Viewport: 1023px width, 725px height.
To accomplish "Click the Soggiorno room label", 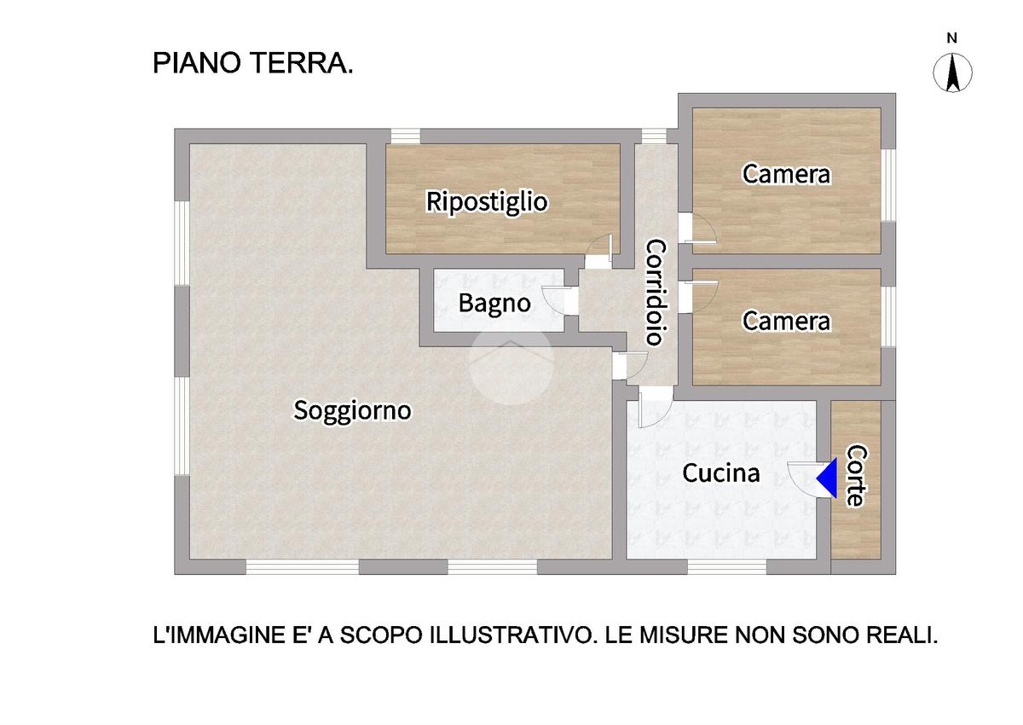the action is pyautogui.click(x=352, y=411).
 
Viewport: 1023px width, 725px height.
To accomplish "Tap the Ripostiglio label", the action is pyautogui.click(x=487, y=202).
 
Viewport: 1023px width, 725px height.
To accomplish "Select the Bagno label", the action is pyautogui.click(x=494, y=303).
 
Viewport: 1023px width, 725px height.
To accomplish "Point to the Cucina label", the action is pyautogui.click(x=721, y=473).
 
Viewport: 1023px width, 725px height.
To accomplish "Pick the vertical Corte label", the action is pyautogui.click(x=857, y=476).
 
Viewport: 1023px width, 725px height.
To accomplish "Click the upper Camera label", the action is pyautogui.click(x=786, y=174).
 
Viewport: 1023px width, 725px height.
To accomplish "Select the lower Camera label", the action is pyautogui.click(x=786, y=322).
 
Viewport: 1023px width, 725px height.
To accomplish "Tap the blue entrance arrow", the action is pyautogui.click(x=827, y=478).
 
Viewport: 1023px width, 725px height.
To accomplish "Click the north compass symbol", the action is pyautogui.click(x=952, y=72).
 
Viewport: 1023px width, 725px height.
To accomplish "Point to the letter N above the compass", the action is pyautogui.click(x=951, y=38).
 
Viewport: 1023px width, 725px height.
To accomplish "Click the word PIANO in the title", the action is pyautogui.click(x=197, y=63).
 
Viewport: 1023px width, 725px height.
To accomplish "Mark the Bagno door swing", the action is pyautogui.click(x=554, y=300).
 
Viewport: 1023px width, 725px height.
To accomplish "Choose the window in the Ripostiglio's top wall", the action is pyautogui.click(x=406, y=136).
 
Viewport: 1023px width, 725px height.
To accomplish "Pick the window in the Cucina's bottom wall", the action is pyautogui.click(x=727, y=567).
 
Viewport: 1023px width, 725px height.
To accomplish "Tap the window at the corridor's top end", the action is pyautogui.click(x=654, y=136).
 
